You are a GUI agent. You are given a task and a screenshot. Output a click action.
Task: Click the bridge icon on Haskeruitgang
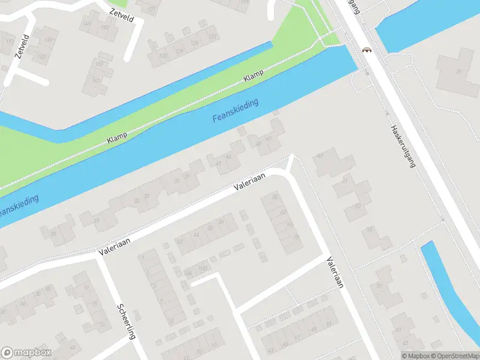tap(365, 50)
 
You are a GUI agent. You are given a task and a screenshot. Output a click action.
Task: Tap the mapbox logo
tap(26, 352)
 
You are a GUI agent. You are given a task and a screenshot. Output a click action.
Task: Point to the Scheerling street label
tap(126, 322)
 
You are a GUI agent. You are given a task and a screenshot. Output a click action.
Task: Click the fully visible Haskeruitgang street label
tap(403, 146)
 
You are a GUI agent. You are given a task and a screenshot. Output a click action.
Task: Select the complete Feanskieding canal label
tap(235, 111)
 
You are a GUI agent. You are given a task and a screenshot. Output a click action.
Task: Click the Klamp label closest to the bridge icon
tap(254, 77)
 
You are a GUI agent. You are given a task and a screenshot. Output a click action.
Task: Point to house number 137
tap(151, 9)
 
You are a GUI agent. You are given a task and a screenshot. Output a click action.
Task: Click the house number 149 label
tap(88, 25)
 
